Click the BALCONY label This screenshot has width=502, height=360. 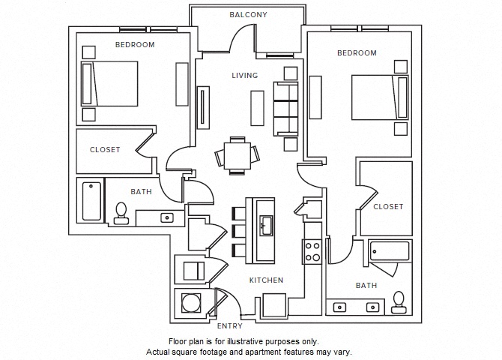pos(248,15)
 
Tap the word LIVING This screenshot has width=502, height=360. pos(244,75)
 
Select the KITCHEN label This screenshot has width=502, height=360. pos(266,280)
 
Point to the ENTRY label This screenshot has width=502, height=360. pos(229,326)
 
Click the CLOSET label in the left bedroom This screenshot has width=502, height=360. pos(105,149)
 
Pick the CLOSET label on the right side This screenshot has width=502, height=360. pos(388,206)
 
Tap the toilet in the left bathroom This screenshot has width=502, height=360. pos(121,213)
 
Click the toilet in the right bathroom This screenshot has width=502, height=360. pos(399,301)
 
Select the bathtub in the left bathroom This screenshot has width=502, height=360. pos(91,201)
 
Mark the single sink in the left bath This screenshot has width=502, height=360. pos(167,217)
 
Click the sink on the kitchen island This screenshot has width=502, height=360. pos(265,223)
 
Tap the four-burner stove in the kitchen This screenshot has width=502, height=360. pos(312,250)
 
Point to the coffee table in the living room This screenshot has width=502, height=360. pos(257,107)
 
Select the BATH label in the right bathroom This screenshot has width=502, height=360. pos(366,285)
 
